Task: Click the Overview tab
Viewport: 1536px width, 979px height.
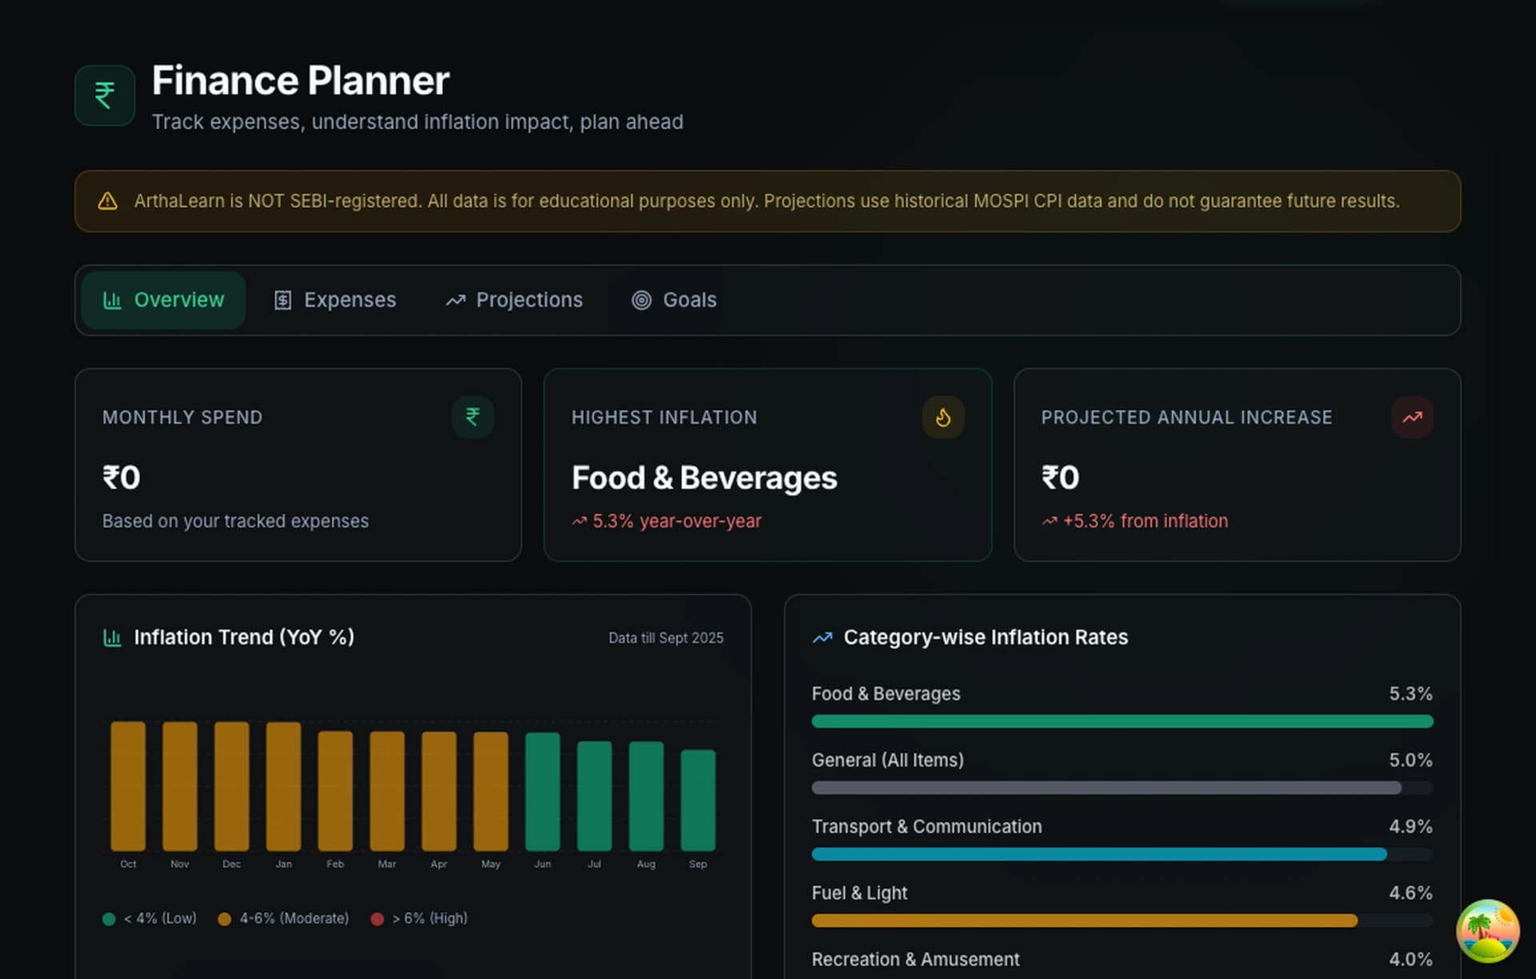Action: [163, 300]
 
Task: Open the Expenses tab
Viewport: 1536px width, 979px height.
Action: [335, 300]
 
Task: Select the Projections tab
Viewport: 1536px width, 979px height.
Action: [514, 300]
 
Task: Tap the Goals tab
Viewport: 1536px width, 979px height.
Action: [674, 300]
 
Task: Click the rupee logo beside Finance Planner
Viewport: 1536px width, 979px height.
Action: [105, 95]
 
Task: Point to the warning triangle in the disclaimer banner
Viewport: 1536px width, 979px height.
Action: [107, 202]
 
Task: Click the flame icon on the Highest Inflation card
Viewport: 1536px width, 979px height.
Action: [943, 418]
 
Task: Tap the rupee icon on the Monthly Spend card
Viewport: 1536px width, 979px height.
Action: [473, 418]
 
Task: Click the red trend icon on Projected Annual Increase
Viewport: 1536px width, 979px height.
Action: [1412, 418]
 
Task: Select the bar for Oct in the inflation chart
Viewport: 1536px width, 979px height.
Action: [128, 786]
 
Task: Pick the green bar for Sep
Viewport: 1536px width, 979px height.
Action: [698, 800]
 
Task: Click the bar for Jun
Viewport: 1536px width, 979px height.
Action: [542, 792]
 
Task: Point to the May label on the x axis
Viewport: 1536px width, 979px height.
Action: [490, 865]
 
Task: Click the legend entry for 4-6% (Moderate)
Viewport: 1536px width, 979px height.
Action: [284, 919]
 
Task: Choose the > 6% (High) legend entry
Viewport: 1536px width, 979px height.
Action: [420, 919]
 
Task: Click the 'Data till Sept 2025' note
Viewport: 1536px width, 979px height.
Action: [666, 638]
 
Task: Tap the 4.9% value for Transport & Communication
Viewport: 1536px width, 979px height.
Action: [1410, 827]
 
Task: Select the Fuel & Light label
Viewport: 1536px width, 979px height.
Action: [859, 893]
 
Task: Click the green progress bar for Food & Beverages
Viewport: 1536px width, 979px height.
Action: [1122, 721]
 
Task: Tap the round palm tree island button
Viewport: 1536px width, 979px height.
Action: [1487, 931]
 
